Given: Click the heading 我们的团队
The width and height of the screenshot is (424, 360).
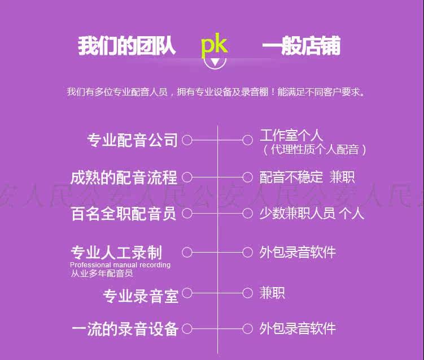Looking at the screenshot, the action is (126, 46).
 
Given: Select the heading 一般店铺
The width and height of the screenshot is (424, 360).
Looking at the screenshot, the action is (301, 46).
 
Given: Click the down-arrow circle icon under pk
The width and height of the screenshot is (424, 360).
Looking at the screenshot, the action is (214, 60).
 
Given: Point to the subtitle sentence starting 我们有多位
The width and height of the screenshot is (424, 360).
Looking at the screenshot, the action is (216, 92).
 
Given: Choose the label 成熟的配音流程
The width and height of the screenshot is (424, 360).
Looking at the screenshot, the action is (124, 177).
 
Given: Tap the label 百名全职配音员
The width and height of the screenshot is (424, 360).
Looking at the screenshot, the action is (124, 214).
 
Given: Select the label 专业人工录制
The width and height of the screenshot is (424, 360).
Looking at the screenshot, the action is (116, 252).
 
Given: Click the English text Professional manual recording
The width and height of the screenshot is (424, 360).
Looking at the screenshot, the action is (120, 264).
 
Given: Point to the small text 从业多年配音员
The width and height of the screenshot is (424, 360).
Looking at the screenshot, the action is (102, 274).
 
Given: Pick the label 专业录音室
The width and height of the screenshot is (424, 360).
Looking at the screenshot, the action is (141, 295).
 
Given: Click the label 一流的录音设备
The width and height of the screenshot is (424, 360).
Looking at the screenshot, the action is (125, 329).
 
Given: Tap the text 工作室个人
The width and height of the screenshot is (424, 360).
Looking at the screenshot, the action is (291, 135).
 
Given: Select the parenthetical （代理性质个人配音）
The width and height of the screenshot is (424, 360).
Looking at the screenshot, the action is (314, 149).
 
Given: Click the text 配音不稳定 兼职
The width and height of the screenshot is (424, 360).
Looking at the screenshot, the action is (307, 177).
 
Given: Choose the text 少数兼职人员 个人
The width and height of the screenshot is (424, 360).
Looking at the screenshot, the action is (312, 213).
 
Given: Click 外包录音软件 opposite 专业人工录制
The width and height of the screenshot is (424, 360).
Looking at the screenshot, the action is (298, 252).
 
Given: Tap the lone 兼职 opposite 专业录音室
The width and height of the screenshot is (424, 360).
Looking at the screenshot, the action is (272, 293).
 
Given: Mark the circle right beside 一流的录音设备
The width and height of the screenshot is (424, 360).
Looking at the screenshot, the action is (187, 328).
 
